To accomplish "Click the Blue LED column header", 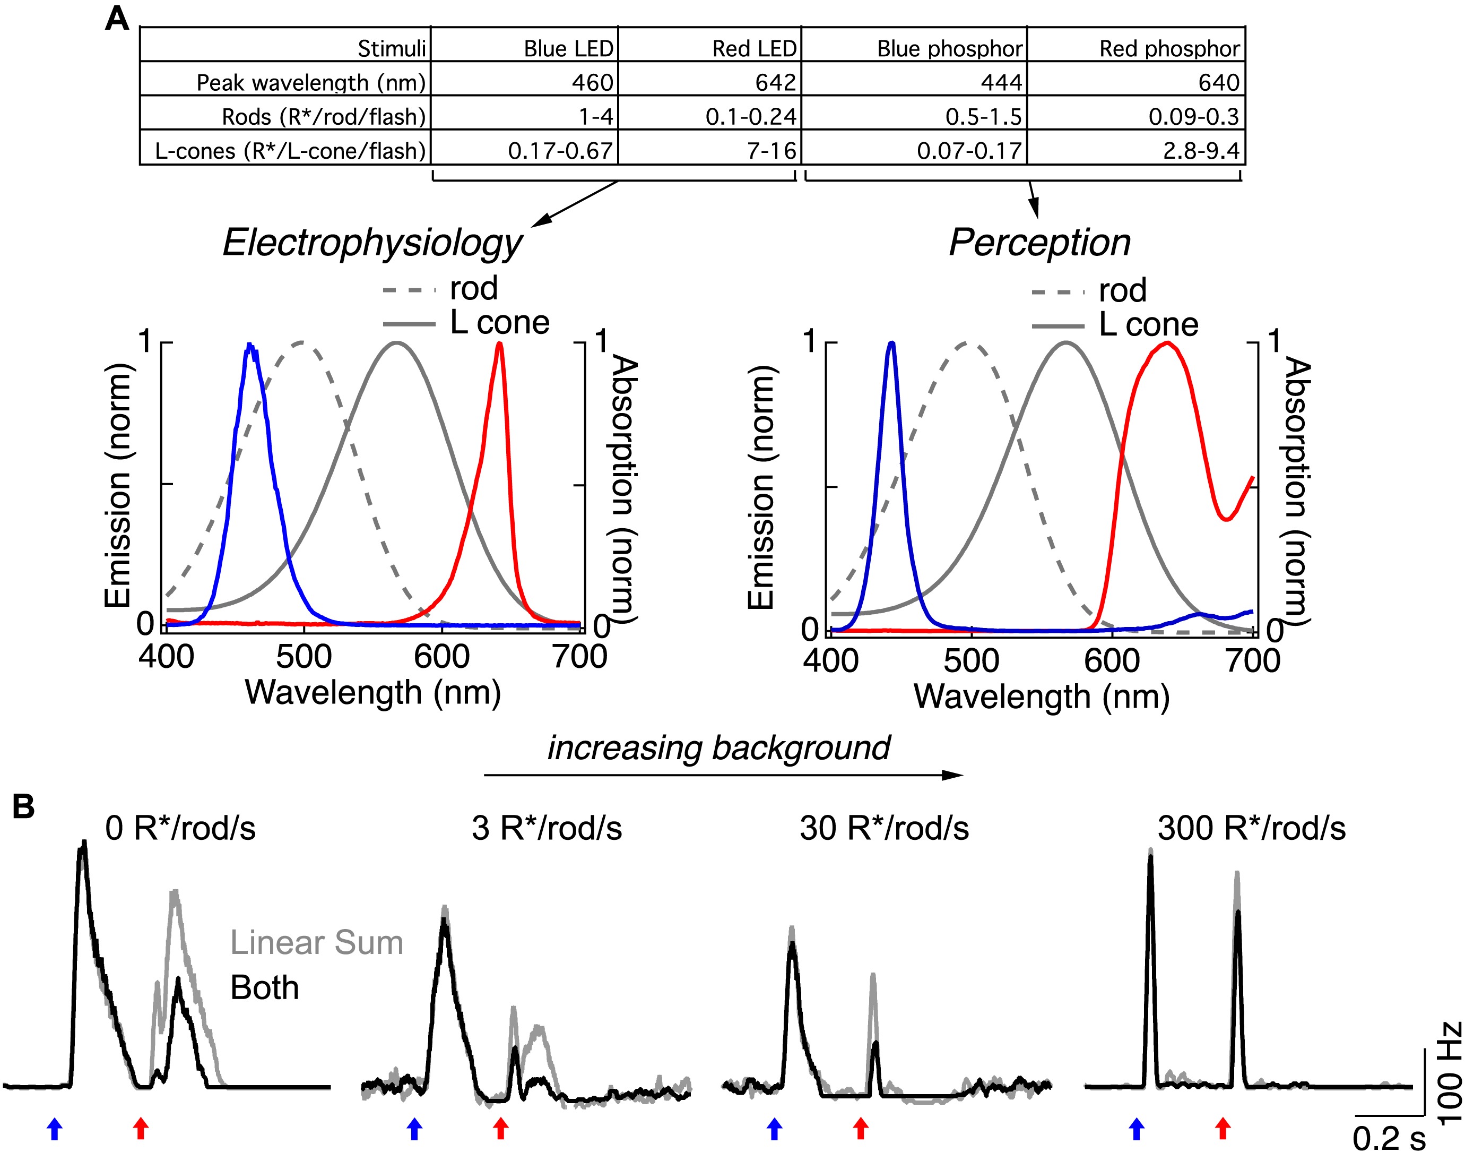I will [x=568, y=48].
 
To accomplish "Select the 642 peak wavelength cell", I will [x=775, y=82].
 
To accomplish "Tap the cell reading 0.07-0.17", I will [x=969, y=150].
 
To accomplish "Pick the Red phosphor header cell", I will [x=1169, y=48].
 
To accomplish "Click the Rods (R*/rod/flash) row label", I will [x=324, y=117].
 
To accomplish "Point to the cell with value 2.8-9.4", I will [x=1201, y=150].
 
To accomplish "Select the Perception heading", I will [x=1039, y=243].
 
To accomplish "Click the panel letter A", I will [x=117, y=19].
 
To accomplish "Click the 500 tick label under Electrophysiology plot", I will [x=304, y=656].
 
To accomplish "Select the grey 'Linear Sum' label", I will [x=317, y=942].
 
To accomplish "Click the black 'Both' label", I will [x=264, y=987].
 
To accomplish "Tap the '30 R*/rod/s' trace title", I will [x=884, y=828].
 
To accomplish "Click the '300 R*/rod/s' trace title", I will [x=1251, y=828].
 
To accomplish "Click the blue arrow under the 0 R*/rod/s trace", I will [x=55, y=1129].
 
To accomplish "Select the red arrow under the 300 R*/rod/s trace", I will [x=1223, y=1129].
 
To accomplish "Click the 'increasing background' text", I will [x=718, y=748].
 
